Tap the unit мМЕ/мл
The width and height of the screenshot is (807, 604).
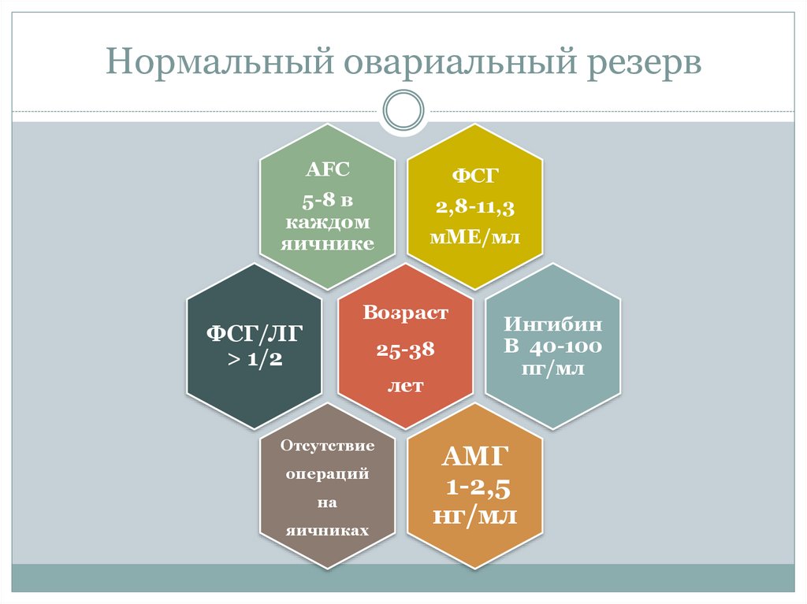coord(475,237)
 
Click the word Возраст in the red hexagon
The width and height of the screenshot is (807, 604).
coord(405,313)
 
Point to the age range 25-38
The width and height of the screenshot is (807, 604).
coord(405,350)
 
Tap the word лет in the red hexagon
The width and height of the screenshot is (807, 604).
coord(405,386)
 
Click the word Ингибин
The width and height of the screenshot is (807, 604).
coord(553,324)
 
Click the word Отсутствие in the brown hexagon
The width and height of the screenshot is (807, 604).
coord(327,447)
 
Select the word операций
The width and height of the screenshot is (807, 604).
coord(327,475)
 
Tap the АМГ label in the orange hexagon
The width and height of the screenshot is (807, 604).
coord(475,458)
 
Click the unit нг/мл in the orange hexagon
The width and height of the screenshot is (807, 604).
coord(475,516)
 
